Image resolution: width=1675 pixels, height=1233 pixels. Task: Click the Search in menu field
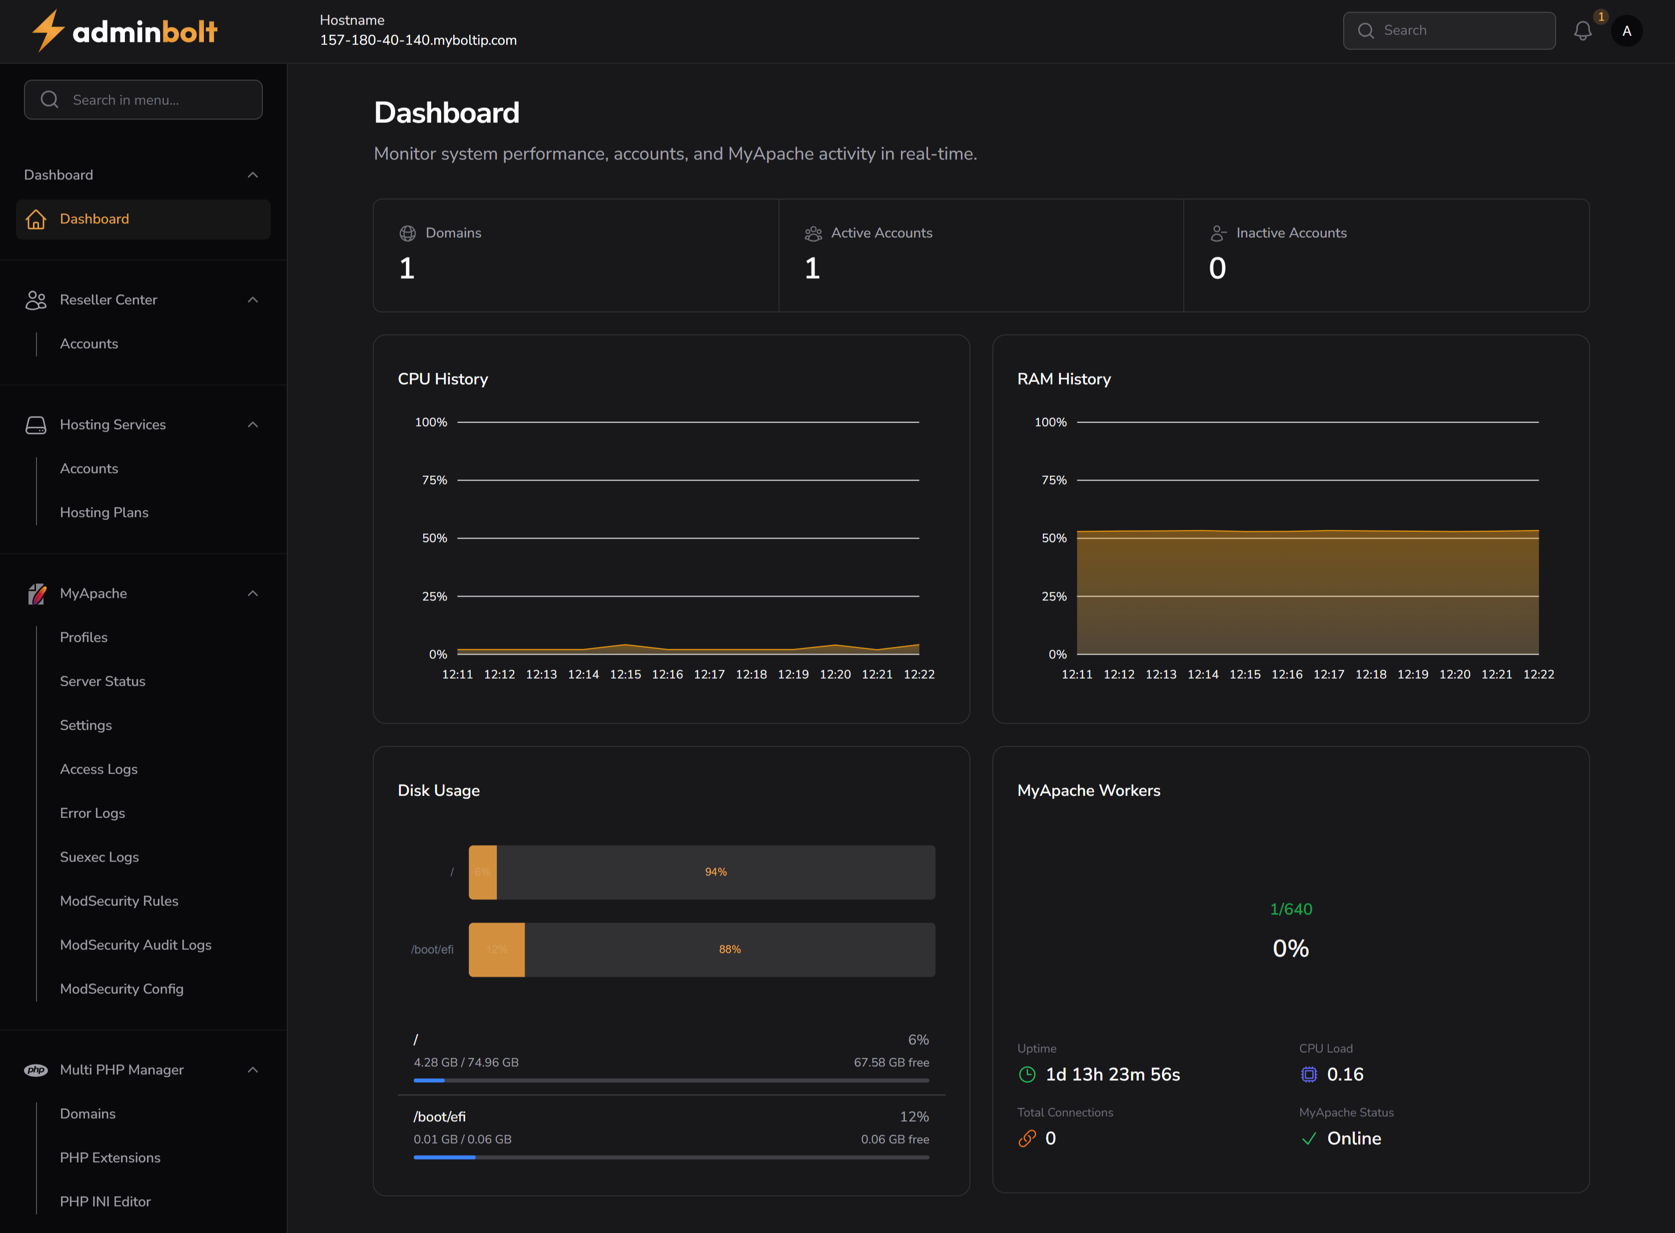click(x=143, y=100)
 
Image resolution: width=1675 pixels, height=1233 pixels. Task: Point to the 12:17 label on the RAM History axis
click(x=1329, y=675)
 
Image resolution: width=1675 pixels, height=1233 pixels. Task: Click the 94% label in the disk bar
click(x=716, y=872)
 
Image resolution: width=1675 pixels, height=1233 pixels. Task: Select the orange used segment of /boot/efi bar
click(x=497, y=949)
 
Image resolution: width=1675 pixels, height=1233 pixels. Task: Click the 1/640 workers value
click(x=1290, y=909)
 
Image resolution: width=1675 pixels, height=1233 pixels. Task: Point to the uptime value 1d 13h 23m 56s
click(x=1112, y=1075)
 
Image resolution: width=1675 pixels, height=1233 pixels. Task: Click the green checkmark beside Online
click(x=1308, y=1139)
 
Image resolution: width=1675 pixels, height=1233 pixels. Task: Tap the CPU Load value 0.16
click(x=1344, y=1075)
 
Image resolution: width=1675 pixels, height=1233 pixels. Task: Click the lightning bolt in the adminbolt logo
click(x=48, y=30)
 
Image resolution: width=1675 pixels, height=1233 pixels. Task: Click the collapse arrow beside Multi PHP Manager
click(x=252, y=1070)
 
